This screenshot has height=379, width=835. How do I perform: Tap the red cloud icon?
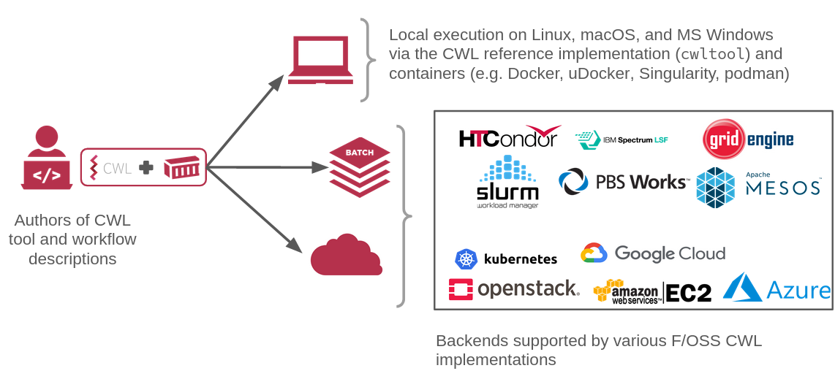pyautogui.click(x=346, y=256)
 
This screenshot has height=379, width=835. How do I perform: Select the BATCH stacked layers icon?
pyautogui.click(x=359, y=167)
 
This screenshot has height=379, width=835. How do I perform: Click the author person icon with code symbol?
pyautogui.click(x=47, y=158)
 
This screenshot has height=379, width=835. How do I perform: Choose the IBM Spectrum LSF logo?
pyautogui.click(x=621, y=139)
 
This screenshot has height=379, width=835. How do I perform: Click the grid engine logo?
pyautogui.click(x=747, y=139)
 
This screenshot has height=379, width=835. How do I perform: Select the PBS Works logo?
pyautogui.click(x=622, y=182)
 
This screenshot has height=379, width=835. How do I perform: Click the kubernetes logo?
pyautogui.click(x=506, y=259)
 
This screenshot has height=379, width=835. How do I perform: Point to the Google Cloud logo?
pyautogui.click(x=653, y=253)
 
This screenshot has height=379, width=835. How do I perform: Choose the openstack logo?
pyautogui.click(x=514, y=289)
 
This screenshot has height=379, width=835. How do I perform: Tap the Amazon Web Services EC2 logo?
pyautogui.click(x=652, y=291)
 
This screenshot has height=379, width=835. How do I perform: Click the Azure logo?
pyautogui.click(x=777, y=288)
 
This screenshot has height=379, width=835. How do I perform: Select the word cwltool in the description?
pyautogui.click(x=713, y=55)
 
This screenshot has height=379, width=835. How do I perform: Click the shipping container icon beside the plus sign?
pyautogui.click(x=181, y=167)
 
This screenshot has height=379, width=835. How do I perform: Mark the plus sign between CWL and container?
pyautogui.click(x=146, y=167)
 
